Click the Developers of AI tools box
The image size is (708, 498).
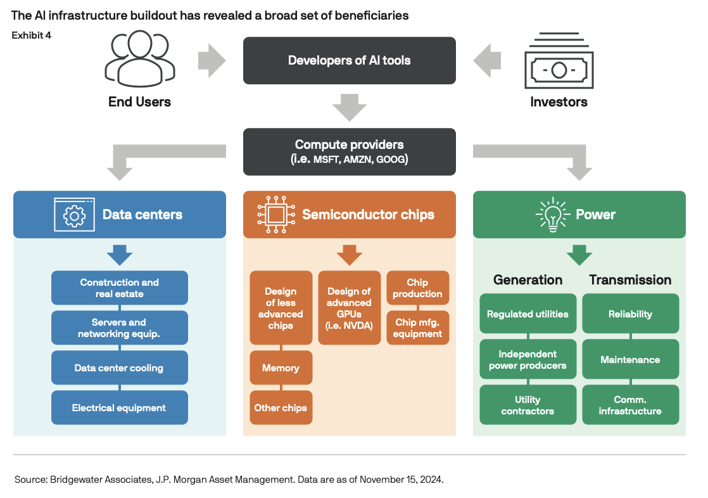point(349,61)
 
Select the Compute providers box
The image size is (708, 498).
point(349,152)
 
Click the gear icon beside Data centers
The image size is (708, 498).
point(75,215)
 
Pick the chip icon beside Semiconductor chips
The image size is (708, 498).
point(276,215)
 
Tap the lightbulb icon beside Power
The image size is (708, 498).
point(553,215)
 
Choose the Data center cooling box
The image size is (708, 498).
point(119,367)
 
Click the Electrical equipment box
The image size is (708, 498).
point(119,407)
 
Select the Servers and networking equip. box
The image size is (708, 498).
point(119,328)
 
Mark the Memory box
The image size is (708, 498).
point(281,367)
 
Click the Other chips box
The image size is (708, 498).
point(281,407)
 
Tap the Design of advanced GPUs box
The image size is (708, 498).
point(349,308)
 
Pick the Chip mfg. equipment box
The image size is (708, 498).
point(418,328)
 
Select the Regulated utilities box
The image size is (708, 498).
point(528,314)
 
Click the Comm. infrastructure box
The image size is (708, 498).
point(630,404)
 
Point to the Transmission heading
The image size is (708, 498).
point(630,280)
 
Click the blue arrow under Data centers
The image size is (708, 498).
point(120,255)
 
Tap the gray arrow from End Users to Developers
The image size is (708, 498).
point(212,61)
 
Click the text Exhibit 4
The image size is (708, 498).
point(31,35)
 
